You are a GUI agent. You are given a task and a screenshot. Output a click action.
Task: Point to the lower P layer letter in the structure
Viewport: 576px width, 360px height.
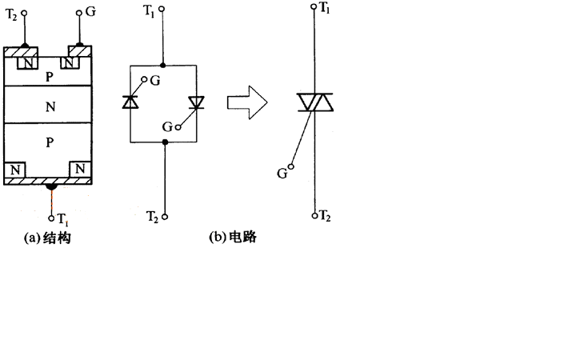tap(50, 141)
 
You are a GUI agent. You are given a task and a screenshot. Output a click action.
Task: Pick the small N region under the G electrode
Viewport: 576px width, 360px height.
tap(72, 62)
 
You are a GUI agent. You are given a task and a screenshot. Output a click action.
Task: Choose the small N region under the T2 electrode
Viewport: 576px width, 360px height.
tap(28, 62)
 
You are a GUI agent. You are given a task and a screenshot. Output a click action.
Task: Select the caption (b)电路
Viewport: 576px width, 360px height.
tap(232, 238)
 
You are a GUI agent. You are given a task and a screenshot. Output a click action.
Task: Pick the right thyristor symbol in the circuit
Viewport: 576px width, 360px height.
tap(197, 102)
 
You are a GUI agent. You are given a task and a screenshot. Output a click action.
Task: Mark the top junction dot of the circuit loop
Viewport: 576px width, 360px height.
tap(163, 65)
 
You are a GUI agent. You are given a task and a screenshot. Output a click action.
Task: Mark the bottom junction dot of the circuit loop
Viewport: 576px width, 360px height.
tap(165, 142)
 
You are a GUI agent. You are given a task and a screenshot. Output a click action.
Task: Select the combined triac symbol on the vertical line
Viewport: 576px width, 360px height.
tap(314, 102)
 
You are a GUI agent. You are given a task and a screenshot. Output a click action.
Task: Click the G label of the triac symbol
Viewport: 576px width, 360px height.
tap(282, 172)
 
